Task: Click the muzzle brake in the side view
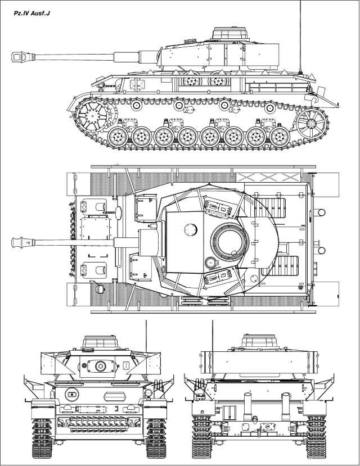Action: click(x=22, y=57)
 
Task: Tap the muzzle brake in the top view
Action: click(x=22, y=243)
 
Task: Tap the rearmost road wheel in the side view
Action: click(x=279, y=136)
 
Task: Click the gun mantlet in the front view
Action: click(x=101, y=366)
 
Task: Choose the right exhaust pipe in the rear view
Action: click(x=285, y=402)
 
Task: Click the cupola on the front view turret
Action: click(x=101, y=341)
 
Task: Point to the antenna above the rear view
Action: click(x=212, y=343)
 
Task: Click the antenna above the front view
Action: click(x=146, y=343)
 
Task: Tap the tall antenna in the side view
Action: click(x=301, y=34)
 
